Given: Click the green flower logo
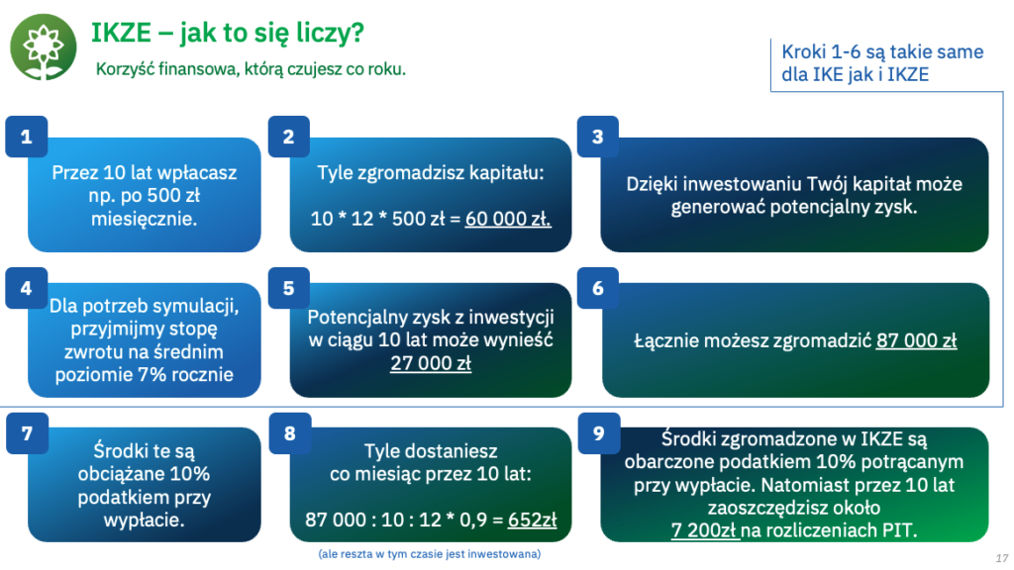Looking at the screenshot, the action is tap(44, 47).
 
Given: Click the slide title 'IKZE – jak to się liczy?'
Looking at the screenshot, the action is tap(228, 33).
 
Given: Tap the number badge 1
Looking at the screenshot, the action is tap(27, 137).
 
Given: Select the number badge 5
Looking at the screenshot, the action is tap(289, 288).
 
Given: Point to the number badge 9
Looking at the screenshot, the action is tap(599, 433).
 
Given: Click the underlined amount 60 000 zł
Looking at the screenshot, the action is tap(508, 219).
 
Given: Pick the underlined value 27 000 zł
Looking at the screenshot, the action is tap(431, 363).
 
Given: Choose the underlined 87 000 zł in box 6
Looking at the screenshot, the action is tap(916, 340).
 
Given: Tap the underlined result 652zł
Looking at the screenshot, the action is tap(532, 520).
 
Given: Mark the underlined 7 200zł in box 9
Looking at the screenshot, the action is tap(704, 530).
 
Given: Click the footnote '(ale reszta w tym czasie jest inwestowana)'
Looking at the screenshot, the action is tap(430, 554).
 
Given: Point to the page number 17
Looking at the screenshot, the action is tap(1002, 558).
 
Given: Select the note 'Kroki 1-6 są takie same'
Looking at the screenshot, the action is tap(882, 51).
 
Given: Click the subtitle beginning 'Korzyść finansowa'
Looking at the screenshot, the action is tap(251, 69).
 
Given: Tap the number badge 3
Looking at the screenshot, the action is tap(598, 137).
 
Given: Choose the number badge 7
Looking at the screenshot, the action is tap(27, 433).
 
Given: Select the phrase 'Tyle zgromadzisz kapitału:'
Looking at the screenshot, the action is tap(431, 173).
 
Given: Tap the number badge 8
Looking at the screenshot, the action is tap(290, 433).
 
